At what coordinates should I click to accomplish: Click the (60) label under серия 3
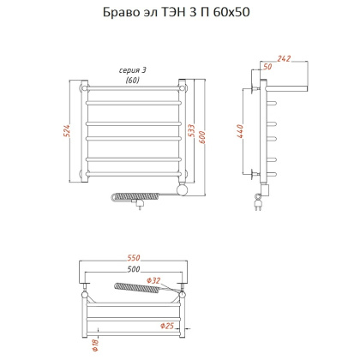coord(133,80)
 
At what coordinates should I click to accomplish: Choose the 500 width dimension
coord(132,270)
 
